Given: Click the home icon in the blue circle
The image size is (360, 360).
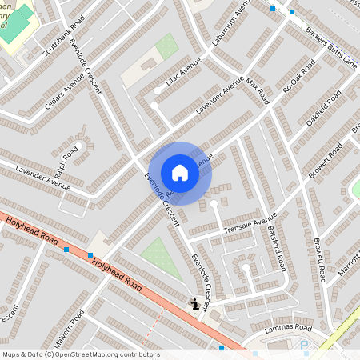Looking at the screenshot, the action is pyautogui.click(x=180, y=173).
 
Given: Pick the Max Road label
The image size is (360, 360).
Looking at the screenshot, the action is pyautogui.click(x=256, y=91).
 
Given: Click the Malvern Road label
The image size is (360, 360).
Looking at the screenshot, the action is pyautogui.click(x=79, y=335).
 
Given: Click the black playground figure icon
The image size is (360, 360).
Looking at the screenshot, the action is pyautogui.click(x=194, y=303).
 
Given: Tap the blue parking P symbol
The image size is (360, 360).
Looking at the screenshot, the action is pyautogui.click(x=303, y=345).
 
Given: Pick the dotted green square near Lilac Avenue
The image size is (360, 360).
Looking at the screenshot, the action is pyautogui.click(x=166, y=46).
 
